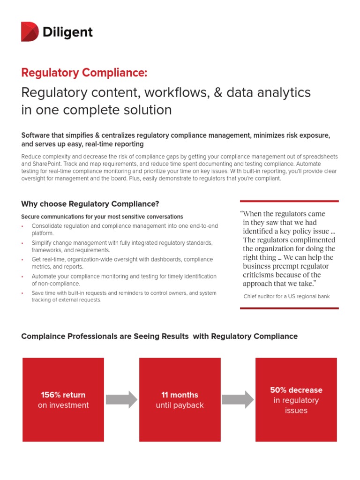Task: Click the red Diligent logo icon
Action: pos(30,31)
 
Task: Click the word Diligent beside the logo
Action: pos(67,32)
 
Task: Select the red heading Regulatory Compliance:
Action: pos(84,73)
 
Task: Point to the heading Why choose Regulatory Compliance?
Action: pos(90,204)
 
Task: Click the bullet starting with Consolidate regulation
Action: pos(125,229)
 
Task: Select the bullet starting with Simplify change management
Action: pos(122,246)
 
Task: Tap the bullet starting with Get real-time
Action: pos(122,263)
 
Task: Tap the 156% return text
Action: pos(63,395)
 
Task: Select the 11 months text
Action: pos(180,395)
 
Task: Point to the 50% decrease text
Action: pos(296,390)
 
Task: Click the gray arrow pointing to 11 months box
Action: pos(121,399)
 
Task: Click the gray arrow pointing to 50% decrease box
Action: pos(238,399)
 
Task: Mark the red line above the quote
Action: pos(289,201)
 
